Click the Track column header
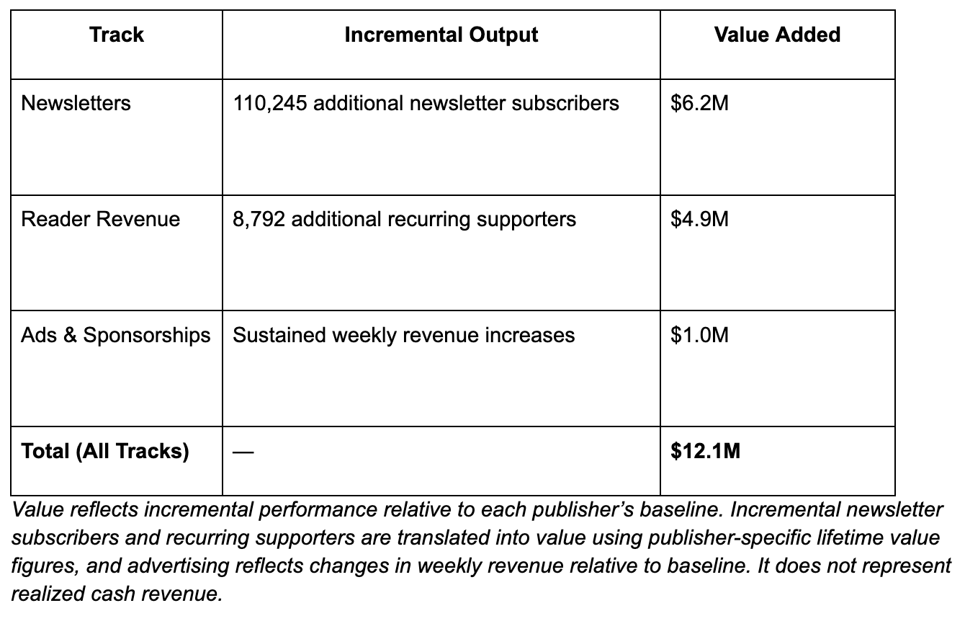pyautogui.click(x=117, y=35)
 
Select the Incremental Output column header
pyautogui.click(x=441, y=35)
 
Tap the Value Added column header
pyautogui.click(x=777, y=35)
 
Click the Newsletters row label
pyautogui.click(x=76, y=103)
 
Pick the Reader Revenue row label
pyautogui.click(x=100, y=219)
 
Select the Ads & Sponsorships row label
pyautogui.click(x=116, y=335)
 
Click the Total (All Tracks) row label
pyautogui.click(x=105, y=451)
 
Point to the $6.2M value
pyautogui.click(x=699, y=103)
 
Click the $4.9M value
pyautogui.click(x=699, y=219)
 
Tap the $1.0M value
pyautogui.click(x=699, y=335)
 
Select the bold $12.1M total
pyautogui.click(x=705, y=451)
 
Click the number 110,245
pyautogui.click(x=270, y=103)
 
